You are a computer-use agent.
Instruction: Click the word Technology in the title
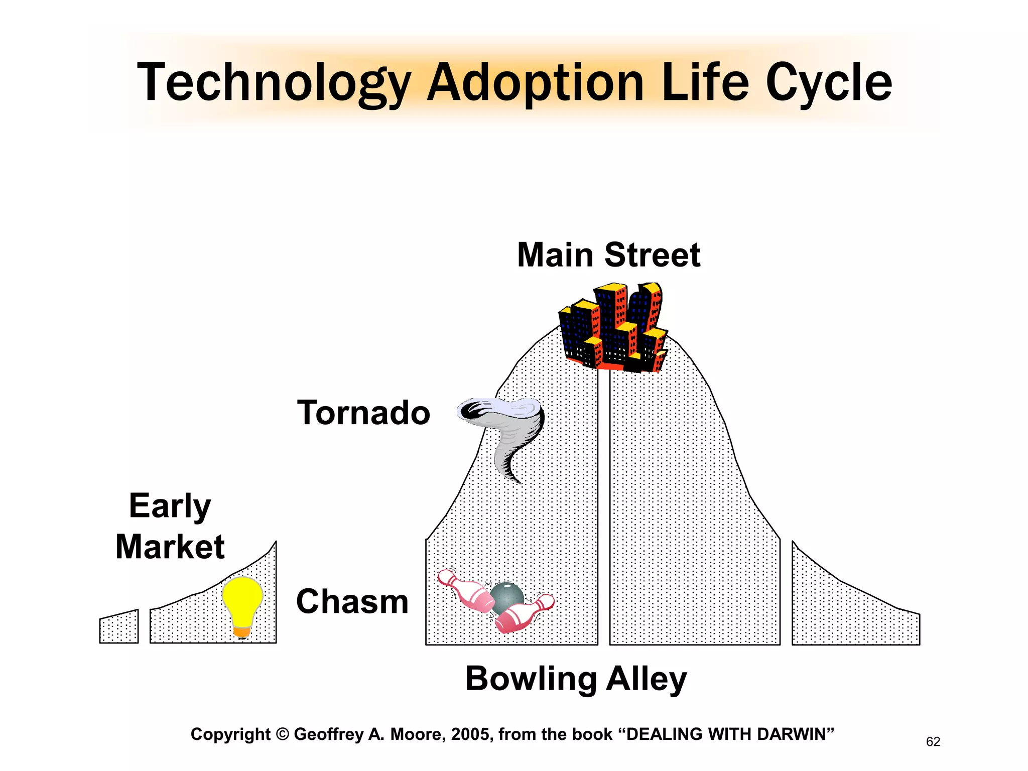274,83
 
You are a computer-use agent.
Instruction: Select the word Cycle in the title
828,83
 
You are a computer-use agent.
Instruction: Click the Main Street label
608,255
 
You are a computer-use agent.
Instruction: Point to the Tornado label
363,413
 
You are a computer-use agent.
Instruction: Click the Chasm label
352,601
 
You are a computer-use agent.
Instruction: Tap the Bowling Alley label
576,679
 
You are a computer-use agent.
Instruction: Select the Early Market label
170,526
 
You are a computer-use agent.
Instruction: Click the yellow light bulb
242,600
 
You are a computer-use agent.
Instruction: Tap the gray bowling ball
507,597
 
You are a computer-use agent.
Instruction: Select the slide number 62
933,741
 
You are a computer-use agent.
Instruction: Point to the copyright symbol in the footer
283,734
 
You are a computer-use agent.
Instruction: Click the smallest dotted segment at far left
119,627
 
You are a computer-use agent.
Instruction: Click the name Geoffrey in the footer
329,734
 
